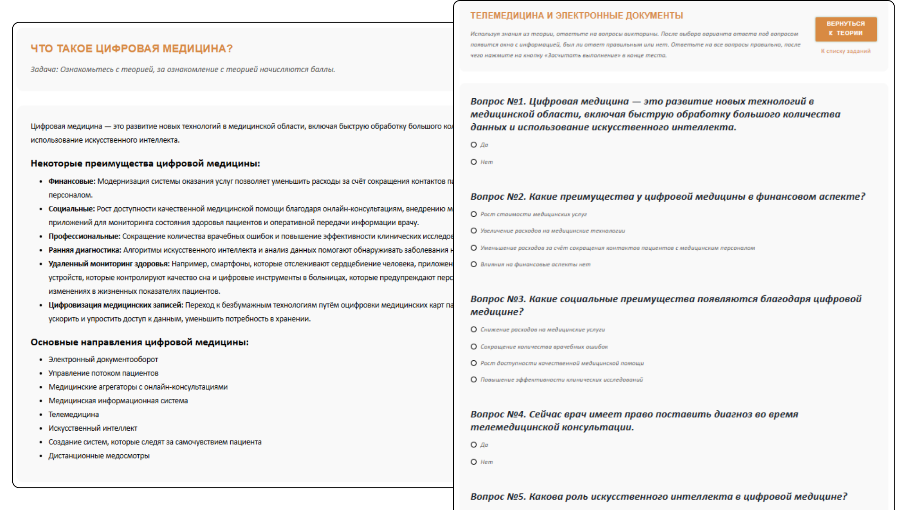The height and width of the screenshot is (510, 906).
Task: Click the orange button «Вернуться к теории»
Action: (846, 29)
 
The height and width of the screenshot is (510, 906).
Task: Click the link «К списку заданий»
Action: (846, 51)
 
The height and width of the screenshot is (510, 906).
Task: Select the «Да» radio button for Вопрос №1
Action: (474, 145)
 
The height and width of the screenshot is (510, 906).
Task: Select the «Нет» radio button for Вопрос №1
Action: (474, 162)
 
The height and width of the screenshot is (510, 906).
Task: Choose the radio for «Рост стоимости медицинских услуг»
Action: (474, 214)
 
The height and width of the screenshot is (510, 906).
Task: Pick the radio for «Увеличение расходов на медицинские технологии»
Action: (474, 231)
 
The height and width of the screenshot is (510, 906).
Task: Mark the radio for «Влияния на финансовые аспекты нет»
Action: (474, 264)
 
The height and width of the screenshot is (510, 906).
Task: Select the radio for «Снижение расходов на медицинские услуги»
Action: (474, 330)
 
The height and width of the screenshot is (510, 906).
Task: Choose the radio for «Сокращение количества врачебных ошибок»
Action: (474, 347)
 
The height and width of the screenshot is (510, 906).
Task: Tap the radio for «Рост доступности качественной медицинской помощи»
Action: (474, 363)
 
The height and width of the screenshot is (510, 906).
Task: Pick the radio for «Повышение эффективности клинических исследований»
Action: (474, 380)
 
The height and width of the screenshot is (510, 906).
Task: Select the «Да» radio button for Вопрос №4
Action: (474, 445)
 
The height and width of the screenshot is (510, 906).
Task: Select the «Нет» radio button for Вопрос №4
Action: (474, 462)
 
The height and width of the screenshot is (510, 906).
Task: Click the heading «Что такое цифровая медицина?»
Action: (132, 49)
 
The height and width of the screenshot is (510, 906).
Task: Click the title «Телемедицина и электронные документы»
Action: (576, 16)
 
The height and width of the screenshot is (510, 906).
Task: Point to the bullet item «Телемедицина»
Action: (74, 415)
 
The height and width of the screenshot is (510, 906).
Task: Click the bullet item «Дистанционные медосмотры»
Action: (99, 456)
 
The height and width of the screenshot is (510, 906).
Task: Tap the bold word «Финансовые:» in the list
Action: (72, 181)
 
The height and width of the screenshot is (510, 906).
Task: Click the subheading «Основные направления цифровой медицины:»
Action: (139, 342)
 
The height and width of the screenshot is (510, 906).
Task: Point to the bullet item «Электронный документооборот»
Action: (103, 359)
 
